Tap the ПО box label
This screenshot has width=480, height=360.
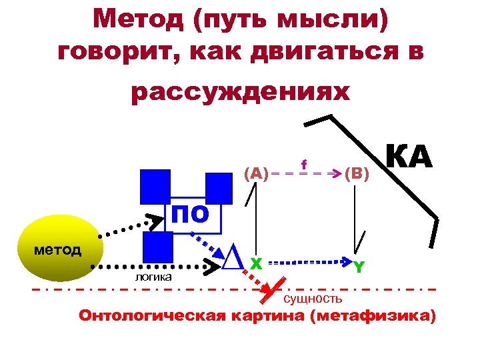pyautogui.click(x=191, y=215)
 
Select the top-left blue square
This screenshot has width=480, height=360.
pyautogui.click(x=155, y=185)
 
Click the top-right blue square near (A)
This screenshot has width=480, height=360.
pyautogui.click(x=219, y=187)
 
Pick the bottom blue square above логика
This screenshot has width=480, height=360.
pyautogui.click(x=158, y=247)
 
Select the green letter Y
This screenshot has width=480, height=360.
pyautogui.click(x=359, y=267)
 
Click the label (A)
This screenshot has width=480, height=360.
pyautogui.click(x=257, y=174)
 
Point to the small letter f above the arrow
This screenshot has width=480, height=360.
pyautogui.click(x=304, y=163)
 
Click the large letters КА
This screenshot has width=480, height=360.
pyautogui.click(x=409, y=159)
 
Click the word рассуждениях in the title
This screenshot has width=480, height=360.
pyautogui.click(x=240, y=92)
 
